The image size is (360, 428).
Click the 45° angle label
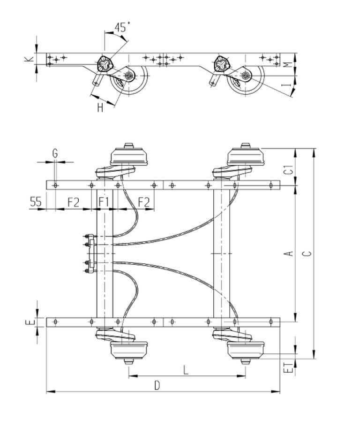(x=122, y=27)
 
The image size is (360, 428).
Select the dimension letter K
(x=30, y=59)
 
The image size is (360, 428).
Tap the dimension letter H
(x=100, y=108)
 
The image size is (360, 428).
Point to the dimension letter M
(x=288, y=65)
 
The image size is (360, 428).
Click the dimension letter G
(x=55, y=153)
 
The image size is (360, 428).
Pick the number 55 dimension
(x=36, y=201)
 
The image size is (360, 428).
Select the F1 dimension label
(x=104, y=202)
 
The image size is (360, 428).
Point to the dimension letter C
(x=307, y=253)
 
